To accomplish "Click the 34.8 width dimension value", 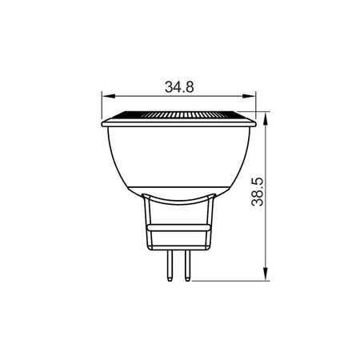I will coord(178,86).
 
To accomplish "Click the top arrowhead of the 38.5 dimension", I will coord(264,114).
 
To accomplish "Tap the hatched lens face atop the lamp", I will coord(179,116).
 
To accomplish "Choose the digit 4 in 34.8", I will coord(171,86).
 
